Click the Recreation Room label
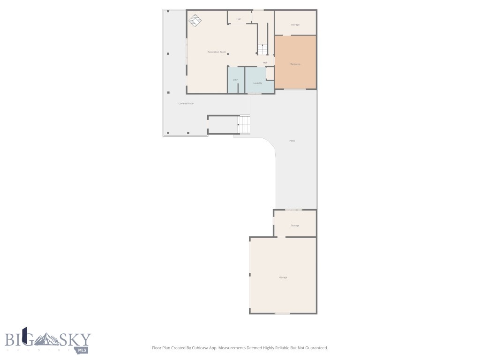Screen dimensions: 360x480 (217, 52)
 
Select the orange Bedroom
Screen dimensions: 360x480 (295, 63)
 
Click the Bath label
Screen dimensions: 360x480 (236, 80)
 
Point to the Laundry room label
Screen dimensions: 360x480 (257, 83)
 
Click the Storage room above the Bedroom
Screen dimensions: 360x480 (295, 24)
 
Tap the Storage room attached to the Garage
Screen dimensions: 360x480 (295, 225)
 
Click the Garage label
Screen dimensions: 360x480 (283, 277)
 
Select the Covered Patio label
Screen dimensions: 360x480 (186, 103)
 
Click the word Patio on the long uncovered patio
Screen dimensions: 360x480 (292, 141)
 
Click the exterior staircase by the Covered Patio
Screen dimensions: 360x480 (244, 125)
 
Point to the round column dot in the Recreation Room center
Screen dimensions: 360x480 (228, 54)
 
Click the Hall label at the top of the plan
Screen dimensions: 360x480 (239, 19)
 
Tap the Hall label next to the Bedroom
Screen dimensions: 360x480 (265, 62)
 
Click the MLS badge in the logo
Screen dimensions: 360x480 (83, 350)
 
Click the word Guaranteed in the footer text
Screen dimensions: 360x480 (316, 348)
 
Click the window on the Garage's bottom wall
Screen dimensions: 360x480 (282, 313)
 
